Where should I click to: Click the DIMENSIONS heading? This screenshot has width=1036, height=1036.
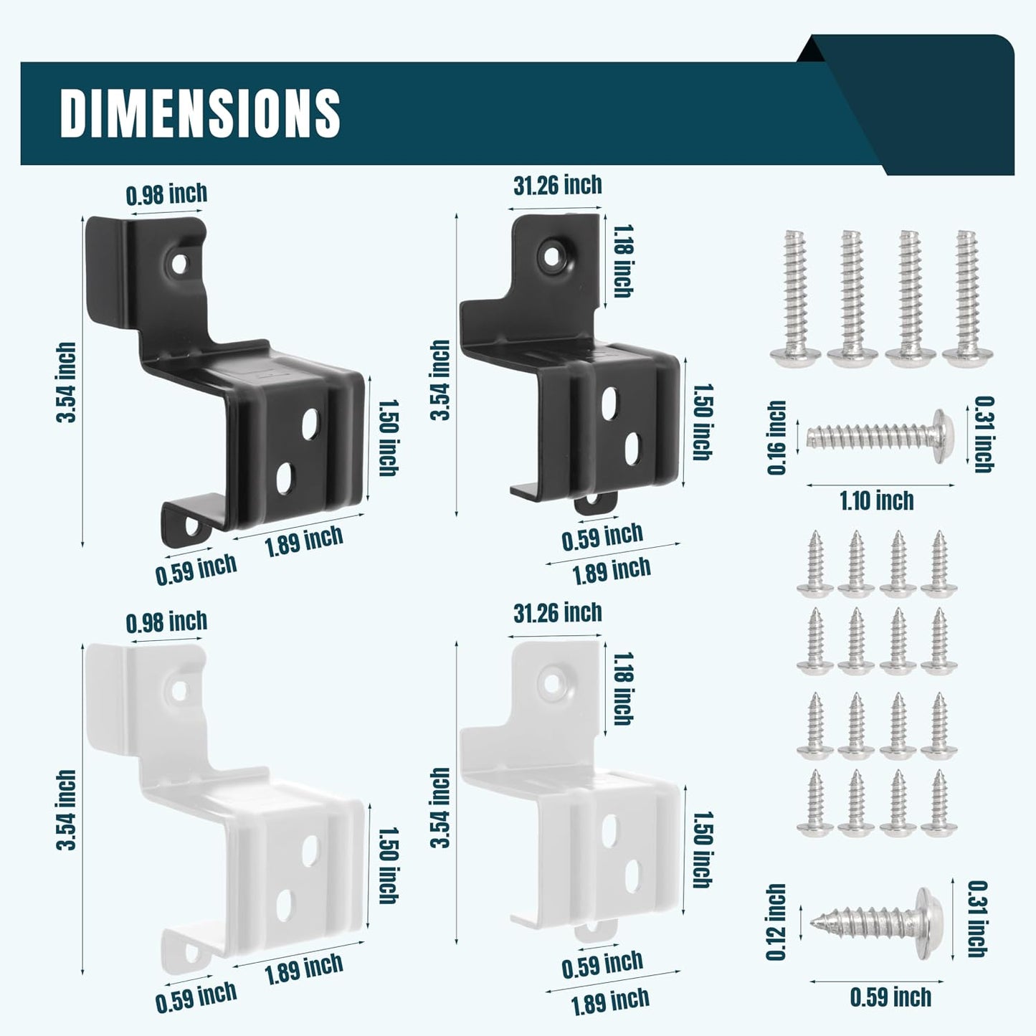click(x=200, y=113)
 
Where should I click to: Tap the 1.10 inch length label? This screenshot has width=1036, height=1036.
click(x=877, y=501)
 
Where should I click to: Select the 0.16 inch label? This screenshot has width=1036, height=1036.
click(x=776, y=437)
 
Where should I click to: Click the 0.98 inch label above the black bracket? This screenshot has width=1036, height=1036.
click(x=166, y=194)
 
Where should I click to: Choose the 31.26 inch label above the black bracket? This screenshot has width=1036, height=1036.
click(x=558, y=186)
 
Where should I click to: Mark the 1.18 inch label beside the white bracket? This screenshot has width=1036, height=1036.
click(x=622, y=689)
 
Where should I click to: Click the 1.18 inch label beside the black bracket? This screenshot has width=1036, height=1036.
click(x=622, y=261)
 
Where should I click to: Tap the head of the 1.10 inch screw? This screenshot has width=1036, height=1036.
click(x=944, y=436)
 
